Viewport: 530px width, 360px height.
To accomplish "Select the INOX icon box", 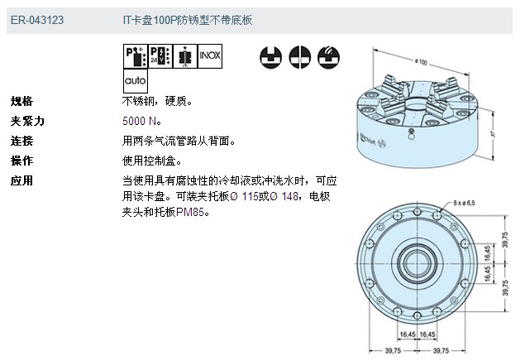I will (210, 56).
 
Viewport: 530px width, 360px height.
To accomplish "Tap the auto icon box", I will (135, 81).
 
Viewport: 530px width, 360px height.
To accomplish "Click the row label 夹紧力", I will (26, 121).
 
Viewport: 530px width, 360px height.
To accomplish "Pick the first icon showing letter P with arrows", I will (135, 56).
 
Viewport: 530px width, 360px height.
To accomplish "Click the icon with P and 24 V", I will (160, 56).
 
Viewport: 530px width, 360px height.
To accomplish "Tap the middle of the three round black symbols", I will (299, 56).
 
